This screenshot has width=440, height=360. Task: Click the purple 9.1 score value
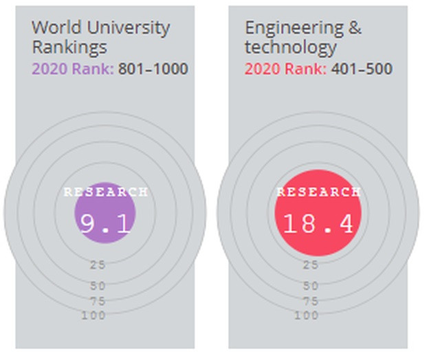pyautogui.click(x=105, y=224)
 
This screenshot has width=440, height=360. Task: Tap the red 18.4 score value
pyautogui.click(x=318, y=224)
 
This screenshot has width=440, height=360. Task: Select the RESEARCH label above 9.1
pyautogui.click(x=105, y=192)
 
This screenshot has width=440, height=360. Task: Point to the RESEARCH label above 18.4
pyautogui.click(x=318, y=192)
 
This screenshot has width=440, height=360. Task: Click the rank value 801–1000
pyautogui.click(x=153, y=69)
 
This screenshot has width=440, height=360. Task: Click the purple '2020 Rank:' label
pyautogui.click(x=73, y=69)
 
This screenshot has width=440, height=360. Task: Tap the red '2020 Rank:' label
pyautogui.click(x=286, y=69)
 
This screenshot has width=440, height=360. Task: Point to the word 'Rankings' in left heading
pyautogui.click(x=69, y=47)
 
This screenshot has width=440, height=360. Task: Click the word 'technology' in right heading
pyautogui.click(x=291, y=47)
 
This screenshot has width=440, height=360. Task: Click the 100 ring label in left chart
pyautogui.click(x=93, y=315)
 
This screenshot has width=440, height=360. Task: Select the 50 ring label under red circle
pyautogui.click(x=311, y=286)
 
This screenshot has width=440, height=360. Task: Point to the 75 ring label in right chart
pyautogui.click(x=311, y=301)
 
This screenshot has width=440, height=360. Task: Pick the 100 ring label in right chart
pyautogui.click(x=307, y=315)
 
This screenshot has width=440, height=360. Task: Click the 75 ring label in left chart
pyautogui.click(x=98, y=301)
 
